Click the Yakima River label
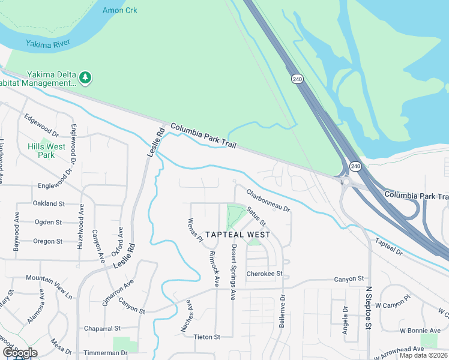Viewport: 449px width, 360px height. pyautogui.click(x=48, y=43)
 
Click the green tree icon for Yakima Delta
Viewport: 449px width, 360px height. pyautogui.click(x=85, y=77)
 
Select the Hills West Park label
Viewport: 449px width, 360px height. pyautogui.click(x=46, y=151)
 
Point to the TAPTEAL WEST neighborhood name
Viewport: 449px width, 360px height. pyautogui.click(x=238, y=235)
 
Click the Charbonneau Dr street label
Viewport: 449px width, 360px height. pyautogui.click(x=268, y=201)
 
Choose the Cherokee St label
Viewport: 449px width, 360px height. pyautogui.click(x=264, y=274)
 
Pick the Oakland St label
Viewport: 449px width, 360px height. pyautogui.click(x=49, y=204)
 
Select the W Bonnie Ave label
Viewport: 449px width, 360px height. pyautogui.click(x=420, y=331)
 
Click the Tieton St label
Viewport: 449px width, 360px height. pyautogui.click(x=208, y=337)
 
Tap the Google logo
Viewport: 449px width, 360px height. pyautogui.click(x=20, y=353)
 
